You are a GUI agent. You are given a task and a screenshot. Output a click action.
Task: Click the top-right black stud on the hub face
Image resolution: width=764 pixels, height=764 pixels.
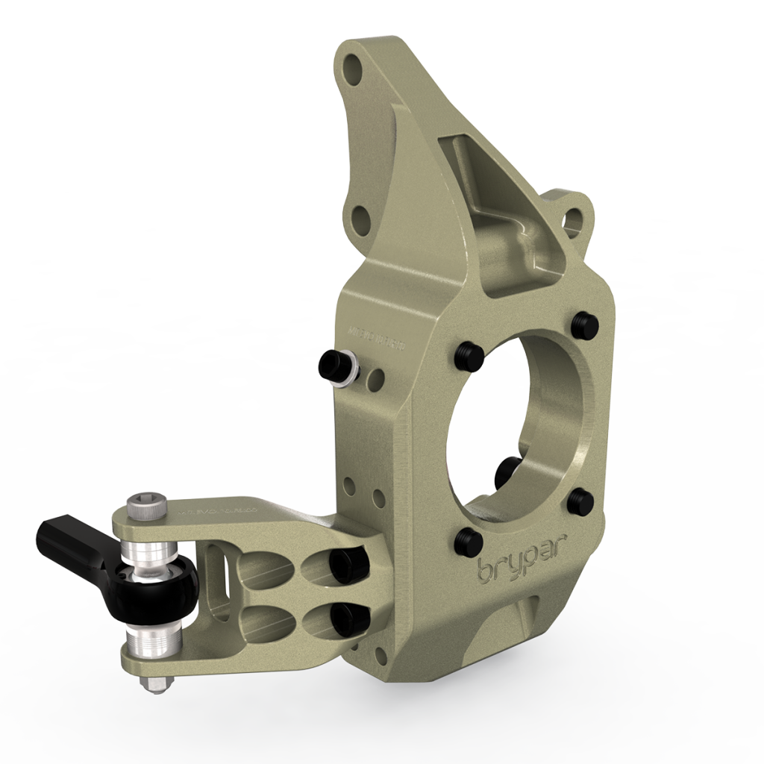pos(583,325)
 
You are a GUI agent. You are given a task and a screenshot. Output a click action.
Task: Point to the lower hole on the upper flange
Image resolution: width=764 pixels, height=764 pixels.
pos(360,217)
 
